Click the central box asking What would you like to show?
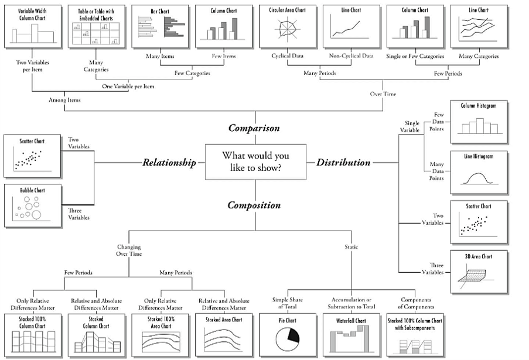(x=255, y=162)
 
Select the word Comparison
(x=254, y=128)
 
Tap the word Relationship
(x=169, y=163)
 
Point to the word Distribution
(x=343, y=163)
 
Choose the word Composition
(x=254, y=205)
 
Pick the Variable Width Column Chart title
(x=32, y=13)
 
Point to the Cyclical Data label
(x=287, y=56)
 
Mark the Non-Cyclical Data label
(x=351, y=56)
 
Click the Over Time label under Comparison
(x=383, y=94)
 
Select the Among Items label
(x=64, y=100)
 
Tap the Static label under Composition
(x=351, y=247)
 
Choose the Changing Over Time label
(x=129, y=251)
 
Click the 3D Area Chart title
(x=479, y=256)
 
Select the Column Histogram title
(x=479, y=106)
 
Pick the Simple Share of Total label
(x=288, y=303)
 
